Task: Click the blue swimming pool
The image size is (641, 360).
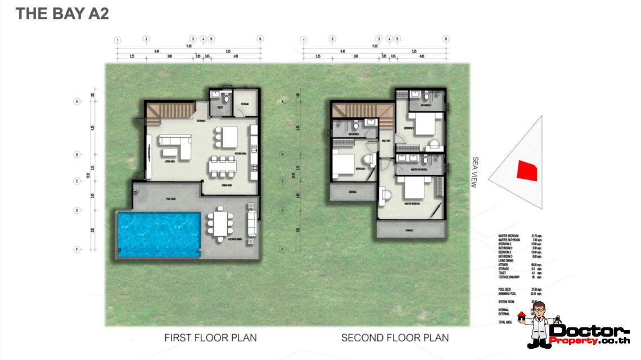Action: (159, 234)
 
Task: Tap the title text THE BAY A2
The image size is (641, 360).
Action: (62, 14)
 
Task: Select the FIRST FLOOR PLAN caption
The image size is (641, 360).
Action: (210, 338)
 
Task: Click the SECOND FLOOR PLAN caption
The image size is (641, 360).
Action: (395, 338)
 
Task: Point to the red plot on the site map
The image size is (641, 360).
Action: (527, 170)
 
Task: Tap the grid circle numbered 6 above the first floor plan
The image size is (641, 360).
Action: (260, 39)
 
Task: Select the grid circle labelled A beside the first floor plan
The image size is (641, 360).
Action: (75, 102)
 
